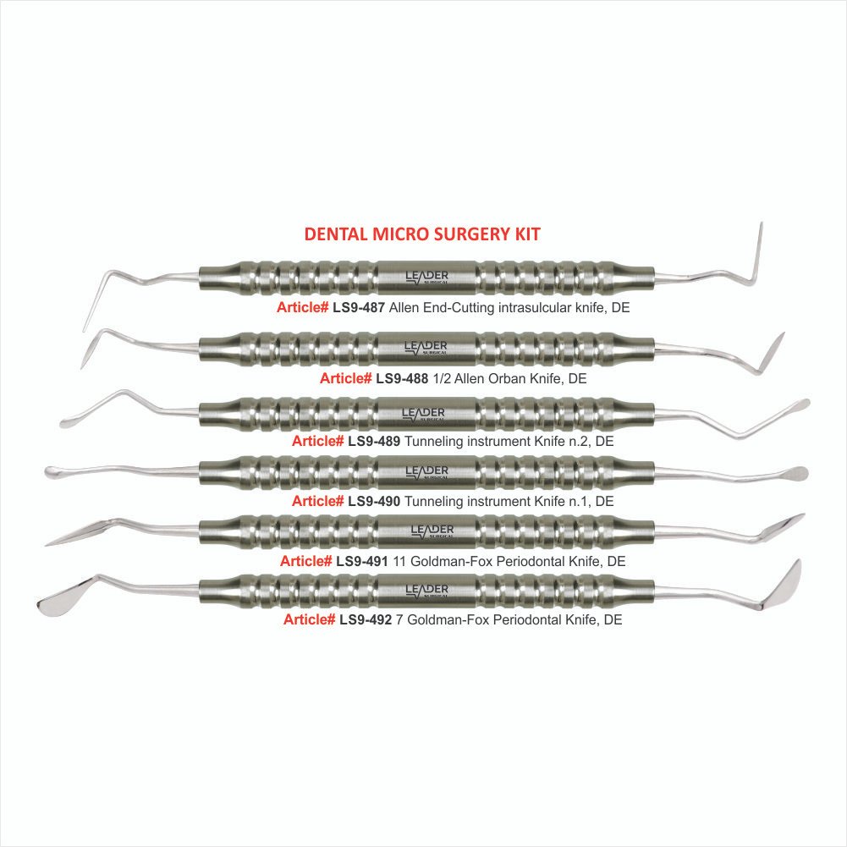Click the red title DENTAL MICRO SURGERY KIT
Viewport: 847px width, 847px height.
pos(422,234)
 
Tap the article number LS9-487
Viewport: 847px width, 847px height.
pos(359,308)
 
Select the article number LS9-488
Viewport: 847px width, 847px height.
pos(402,379)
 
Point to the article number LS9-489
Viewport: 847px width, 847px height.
pos(374,442)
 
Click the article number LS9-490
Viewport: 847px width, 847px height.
pos(374,501)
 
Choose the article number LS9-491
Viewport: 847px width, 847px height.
pos(362,561)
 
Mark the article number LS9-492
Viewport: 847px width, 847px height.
pos(366,619)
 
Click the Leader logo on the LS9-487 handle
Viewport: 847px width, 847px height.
pos(426,278)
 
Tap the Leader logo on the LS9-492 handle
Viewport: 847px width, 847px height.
pos(426,590)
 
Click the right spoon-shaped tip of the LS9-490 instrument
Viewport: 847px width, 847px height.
pos(795,474)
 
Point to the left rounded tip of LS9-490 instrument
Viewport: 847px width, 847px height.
pos(53,471)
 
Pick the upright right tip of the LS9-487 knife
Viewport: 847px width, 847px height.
pos(758,252)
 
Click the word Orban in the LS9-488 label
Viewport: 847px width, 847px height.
pos(506,379)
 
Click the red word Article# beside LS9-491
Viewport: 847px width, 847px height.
pos(305,561)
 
